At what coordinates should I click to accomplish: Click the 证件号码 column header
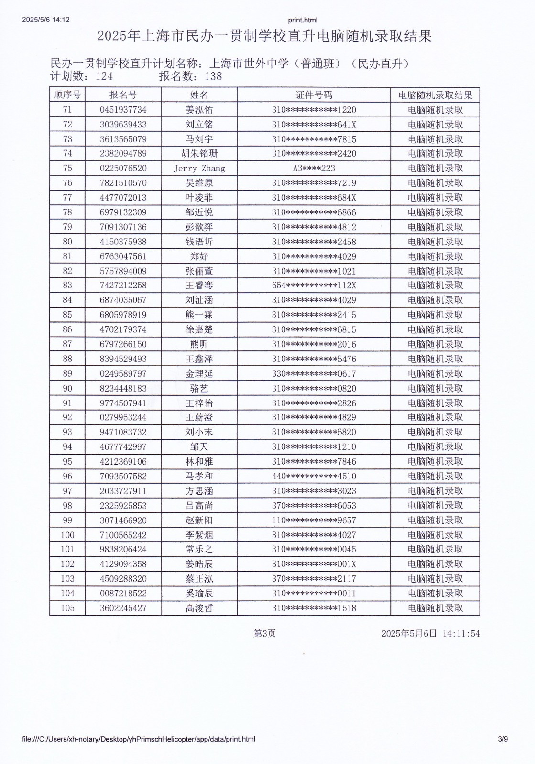(x=314, y=95)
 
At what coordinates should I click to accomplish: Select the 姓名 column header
(x=199, y=95)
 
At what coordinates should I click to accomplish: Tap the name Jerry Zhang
(x=199, y=169)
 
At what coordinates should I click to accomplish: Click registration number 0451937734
(x=123, y=110)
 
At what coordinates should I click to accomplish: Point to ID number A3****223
(x=314, y=169)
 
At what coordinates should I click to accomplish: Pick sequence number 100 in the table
(x=67, y=535)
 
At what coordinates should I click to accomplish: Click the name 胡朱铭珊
(x=199, y=154)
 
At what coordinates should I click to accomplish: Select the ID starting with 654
(x=314, y=286)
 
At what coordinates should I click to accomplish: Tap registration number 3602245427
(x=123, y=608)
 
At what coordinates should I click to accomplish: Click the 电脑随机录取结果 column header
(x=435, y=95)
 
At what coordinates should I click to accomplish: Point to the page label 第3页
(x=264, y=634)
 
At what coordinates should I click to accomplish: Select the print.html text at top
(x=303, y=20)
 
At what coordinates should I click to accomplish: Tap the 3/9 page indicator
(x=502, y=739)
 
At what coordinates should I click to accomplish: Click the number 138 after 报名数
(x=213, y=76)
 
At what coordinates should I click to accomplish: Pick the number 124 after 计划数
(x=104, y=76)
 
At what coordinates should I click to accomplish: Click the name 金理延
(x=199, y=374)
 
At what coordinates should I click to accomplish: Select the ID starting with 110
(x=314, y=520)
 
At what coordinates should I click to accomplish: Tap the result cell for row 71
(x=435, y=110)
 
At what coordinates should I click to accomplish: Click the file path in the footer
(x=139, y=739)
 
